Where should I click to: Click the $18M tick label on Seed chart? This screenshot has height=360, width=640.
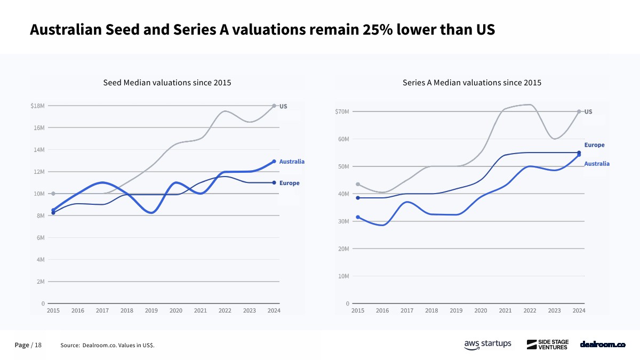[x=37, y=106]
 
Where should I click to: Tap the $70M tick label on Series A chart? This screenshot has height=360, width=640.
[x=341, y=111]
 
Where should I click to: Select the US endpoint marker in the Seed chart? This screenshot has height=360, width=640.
[x=274, y=106]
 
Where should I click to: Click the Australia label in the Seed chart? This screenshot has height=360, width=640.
[x=292, y=162]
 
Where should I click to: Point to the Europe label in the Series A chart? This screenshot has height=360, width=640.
[x=594, y=145]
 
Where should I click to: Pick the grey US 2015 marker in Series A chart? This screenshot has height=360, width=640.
[x=358, y=185]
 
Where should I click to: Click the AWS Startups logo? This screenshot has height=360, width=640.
[x=487, y=345]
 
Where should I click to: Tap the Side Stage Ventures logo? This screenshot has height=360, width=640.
[x=547, y=345]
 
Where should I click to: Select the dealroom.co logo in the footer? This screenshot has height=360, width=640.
[x=603, y=345]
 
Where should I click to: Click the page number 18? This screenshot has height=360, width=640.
[x=38, y=345]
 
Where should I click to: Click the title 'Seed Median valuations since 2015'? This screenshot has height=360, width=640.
[x=167, y=83]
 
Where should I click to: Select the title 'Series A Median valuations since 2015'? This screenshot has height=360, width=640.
[x=472, y=83]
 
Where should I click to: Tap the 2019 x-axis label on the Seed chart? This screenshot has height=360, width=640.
[x=151, y=310]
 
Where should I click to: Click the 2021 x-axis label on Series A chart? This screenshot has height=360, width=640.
[x=505, y=310]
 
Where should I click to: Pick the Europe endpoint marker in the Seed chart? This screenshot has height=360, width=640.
[x=274, y=183]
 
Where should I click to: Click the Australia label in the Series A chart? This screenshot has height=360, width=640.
[x=597, y=164]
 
